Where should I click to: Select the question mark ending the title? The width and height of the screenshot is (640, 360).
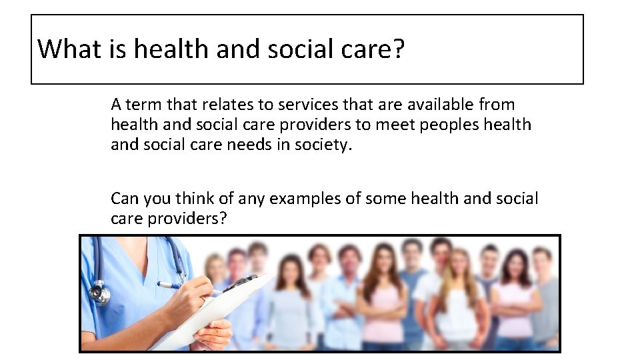(399, 49)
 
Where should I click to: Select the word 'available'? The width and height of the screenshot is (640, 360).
(441, 105)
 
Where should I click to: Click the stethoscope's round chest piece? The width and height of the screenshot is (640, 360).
(99, 293)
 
